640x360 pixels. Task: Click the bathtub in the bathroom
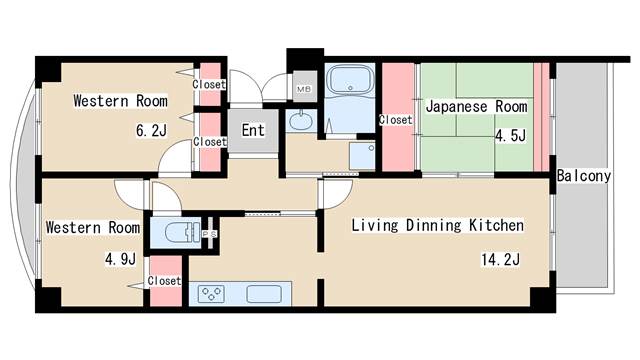click(351, 79)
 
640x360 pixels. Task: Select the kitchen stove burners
click(211, 294)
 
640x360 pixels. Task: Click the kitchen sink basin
click(264, 294)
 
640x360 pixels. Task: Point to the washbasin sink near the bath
click(301, 121)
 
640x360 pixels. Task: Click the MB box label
click(304, 89)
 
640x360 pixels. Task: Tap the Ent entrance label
click(253, 131)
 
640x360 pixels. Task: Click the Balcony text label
click(584, 176)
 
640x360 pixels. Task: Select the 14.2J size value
click(500, 259)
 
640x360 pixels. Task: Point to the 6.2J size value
click(151, 131)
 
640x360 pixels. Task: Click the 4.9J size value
click(120, 259)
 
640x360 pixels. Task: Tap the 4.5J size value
click(511, 135)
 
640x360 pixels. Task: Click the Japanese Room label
click(476, 107)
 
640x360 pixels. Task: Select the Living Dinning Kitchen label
click(438, 225)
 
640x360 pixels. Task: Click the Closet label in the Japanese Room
click(395, 120)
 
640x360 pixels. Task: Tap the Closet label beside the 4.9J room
click(164, 281)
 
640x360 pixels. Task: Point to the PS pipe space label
click(211, 234)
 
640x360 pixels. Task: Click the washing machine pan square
click(362, 156)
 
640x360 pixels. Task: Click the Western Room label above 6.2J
click(120, 101)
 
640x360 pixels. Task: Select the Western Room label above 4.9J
click(93, 227)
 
